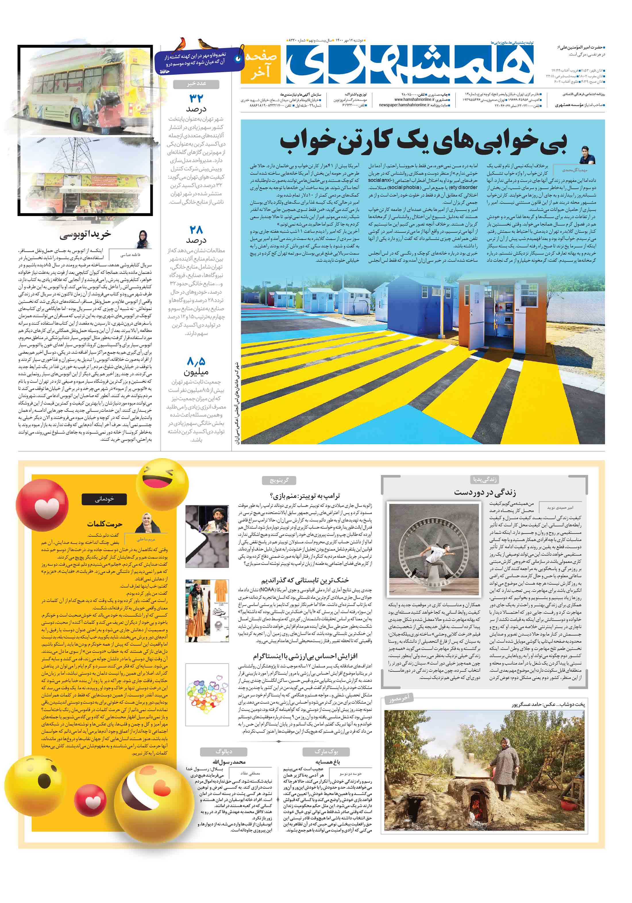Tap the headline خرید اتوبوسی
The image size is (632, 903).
85,235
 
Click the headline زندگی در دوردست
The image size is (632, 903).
485,492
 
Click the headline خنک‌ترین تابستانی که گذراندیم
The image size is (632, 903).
305,580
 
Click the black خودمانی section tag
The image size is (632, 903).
104,499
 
